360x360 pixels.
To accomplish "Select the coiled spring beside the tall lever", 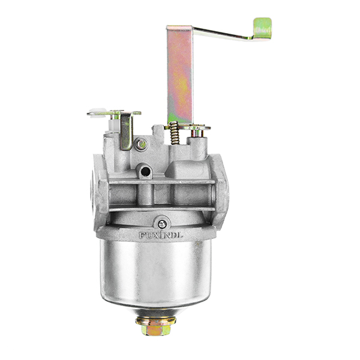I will coord(173,133).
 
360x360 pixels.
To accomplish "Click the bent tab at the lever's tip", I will coord(262,28).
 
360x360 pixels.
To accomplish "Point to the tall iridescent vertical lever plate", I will coord(179,78).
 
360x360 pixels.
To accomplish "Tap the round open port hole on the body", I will coord(144,172).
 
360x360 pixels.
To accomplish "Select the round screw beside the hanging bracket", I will coord(140,144).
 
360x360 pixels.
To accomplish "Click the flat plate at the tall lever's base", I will coord(196,127).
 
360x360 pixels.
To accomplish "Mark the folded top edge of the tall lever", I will coord(179,28).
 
